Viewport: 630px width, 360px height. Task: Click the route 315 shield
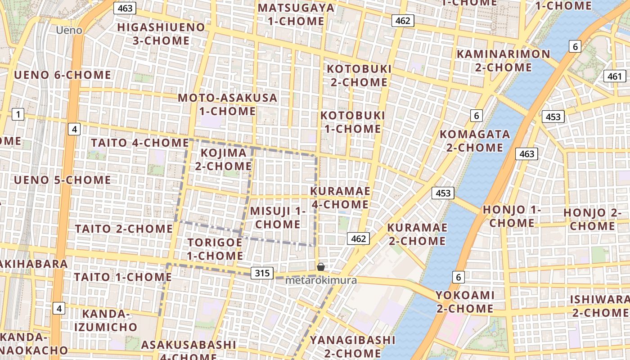tap(262, 273)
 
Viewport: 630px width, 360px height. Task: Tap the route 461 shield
tap(614, 76)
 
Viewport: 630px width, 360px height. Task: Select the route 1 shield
tap(18, 115)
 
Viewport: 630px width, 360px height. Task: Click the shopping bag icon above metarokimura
tap(321, 267)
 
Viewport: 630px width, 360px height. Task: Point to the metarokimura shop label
tap(321, 280)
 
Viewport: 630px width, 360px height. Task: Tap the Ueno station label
tap(69, 30)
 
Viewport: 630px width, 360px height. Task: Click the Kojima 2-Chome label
tap(223, 159)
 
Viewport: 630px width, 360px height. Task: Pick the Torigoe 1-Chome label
tap(215, 249)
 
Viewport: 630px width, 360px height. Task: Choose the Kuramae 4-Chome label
tap(340, 198)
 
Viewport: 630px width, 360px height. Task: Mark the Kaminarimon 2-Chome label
tap(503, 61)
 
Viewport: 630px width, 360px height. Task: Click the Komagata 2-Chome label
tap(474, 140)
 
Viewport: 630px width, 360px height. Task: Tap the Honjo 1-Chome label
tap(512, 216)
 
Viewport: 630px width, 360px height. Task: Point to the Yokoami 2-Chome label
tap(464, 301)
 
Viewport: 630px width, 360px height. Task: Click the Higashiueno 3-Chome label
tap(161, 34)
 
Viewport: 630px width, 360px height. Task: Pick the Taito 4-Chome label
tap(139, 143)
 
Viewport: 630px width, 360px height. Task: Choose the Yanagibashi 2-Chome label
tap(352, 346)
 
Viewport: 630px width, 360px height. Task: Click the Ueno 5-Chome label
tap(62, 180)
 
